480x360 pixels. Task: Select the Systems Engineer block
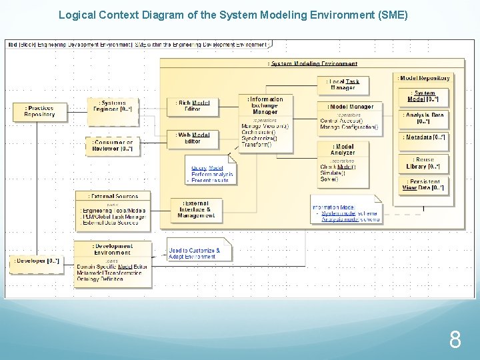[x=112, y=107]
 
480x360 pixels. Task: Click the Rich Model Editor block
[x=192, y=106]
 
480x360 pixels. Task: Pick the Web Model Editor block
[x=192, y=138]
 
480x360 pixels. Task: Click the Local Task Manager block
[x=343, y=85]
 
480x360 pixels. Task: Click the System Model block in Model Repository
[x=424, y=97]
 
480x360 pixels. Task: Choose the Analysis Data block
[x=424, y=119]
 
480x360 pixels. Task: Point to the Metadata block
[x=424, y=138]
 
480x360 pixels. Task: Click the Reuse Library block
[x=424, y=163]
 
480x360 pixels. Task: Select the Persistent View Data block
[x=424, y=185]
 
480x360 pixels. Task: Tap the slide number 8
[x=455, y=341]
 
